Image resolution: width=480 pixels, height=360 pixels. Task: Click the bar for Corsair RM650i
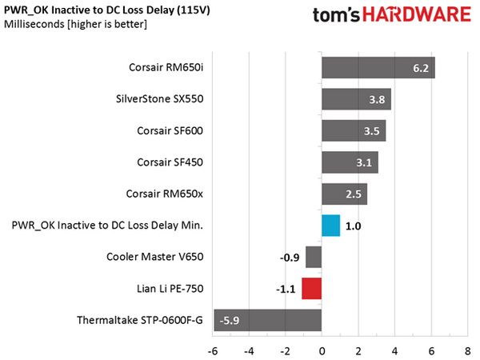(378, 68)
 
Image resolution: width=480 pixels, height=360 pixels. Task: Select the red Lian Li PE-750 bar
(312, 288)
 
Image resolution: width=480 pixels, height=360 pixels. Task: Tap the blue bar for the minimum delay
(331, 226)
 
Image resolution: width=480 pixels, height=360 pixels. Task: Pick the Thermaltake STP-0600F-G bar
(268, 320)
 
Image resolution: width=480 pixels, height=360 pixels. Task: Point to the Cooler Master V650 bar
(314, 257)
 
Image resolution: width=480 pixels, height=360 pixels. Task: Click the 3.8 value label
(377, 99)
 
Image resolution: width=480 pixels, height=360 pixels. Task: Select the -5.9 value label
(230, 321)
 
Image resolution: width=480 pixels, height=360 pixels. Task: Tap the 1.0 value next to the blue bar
(354, 226)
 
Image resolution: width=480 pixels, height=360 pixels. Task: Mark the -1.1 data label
(286, 289)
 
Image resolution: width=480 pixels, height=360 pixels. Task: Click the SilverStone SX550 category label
(159, 99)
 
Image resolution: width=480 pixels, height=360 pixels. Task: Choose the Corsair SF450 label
(170, 162)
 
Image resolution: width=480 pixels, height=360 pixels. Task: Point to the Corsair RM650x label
(164, 194)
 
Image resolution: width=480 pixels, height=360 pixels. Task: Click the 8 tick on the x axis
(468, 351)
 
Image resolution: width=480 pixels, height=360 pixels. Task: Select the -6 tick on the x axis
(213, 351)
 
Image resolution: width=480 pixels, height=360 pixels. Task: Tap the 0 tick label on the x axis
(322, 351)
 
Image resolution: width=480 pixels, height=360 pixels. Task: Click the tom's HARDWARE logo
(392, 14)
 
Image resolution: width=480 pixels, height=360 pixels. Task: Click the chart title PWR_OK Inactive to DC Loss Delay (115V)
(107, 10)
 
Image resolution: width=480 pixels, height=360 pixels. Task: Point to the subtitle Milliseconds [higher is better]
(75, 24)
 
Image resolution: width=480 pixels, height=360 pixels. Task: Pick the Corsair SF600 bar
(354, 130)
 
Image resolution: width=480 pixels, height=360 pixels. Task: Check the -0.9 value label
(290, 258)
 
